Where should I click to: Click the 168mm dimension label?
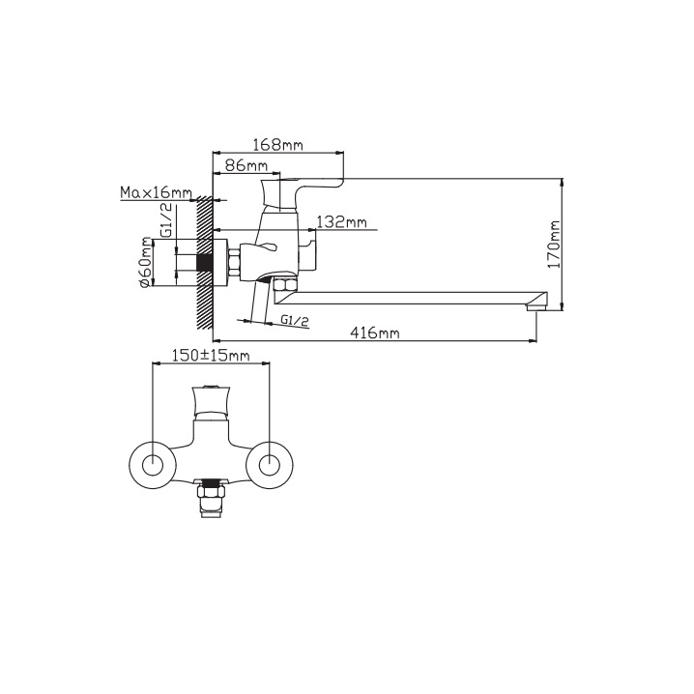[277, 144]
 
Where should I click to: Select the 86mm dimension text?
[246, 165]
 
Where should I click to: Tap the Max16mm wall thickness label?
[157, 192]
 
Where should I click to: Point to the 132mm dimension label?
[342, 221]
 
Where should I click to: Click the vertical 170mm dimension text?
[554, 244]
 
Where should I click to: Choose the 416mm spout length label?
[374, 332]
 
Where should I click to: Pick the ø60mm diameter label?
[145, 263]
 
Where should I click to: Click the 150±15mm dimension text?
[211, 355]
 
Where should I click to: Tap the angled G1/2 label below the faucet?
[295, 320]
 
